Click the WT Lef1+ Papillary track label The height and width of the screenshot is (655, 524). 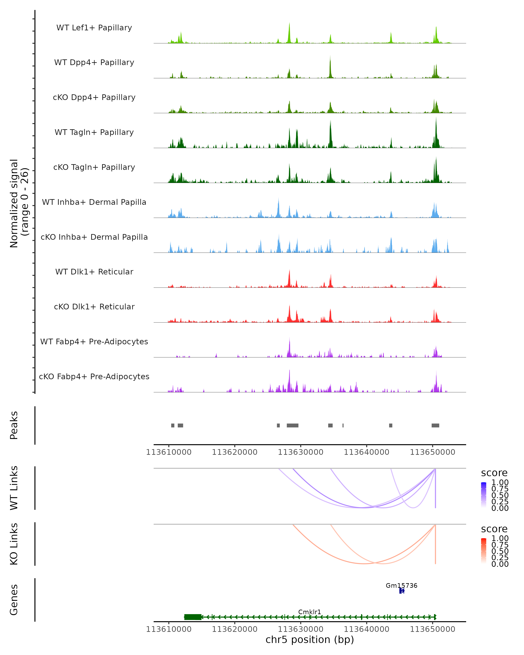94,28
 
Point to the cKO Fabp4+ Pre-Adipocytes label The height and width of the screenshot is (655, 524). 94,376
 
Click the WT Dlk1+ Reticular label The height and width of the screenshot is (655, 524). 94,272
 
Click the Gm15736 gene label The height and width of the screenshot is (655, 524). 401,585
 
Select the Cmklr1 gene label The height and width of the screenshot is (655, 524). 310,612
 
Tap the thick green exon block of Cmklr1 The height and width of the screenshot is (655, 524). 193,617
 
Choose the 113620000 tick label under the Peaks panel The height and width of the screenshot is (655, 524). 234,452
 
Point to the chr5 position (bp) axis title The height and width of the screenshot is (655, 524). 310,640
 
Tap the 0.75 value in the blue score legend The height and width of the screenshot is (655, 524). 500,489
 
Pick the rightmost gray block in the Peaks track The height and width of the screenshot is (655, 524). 435,425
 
